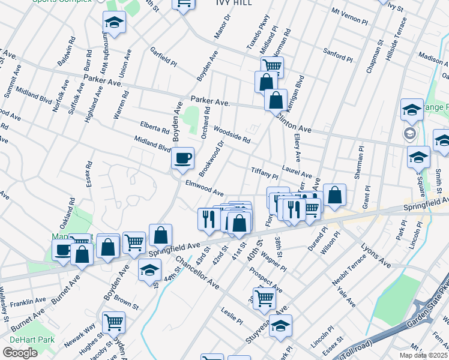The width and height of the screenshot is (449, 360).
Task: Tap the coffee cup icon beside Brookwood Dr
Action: coord(182,158)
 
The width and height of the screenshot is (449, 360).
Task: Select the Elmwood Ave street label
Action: coord(204,188)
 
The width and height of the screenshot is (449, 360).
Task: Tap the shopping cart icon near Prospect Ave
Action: coord(264,298)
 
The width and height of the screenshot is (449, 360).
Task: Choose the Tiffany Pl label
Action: coord(264,173)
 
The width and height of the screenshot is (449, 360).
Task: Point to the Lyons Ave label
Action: coord(376,256)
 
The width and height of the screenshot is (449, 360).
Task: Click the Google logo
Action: coord(20,353)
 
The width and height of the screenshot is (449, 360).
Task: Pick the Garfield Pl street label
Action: coord(163,57)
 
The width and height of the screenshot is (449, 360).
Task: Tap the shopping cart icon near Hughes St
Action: coord(113,323)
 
